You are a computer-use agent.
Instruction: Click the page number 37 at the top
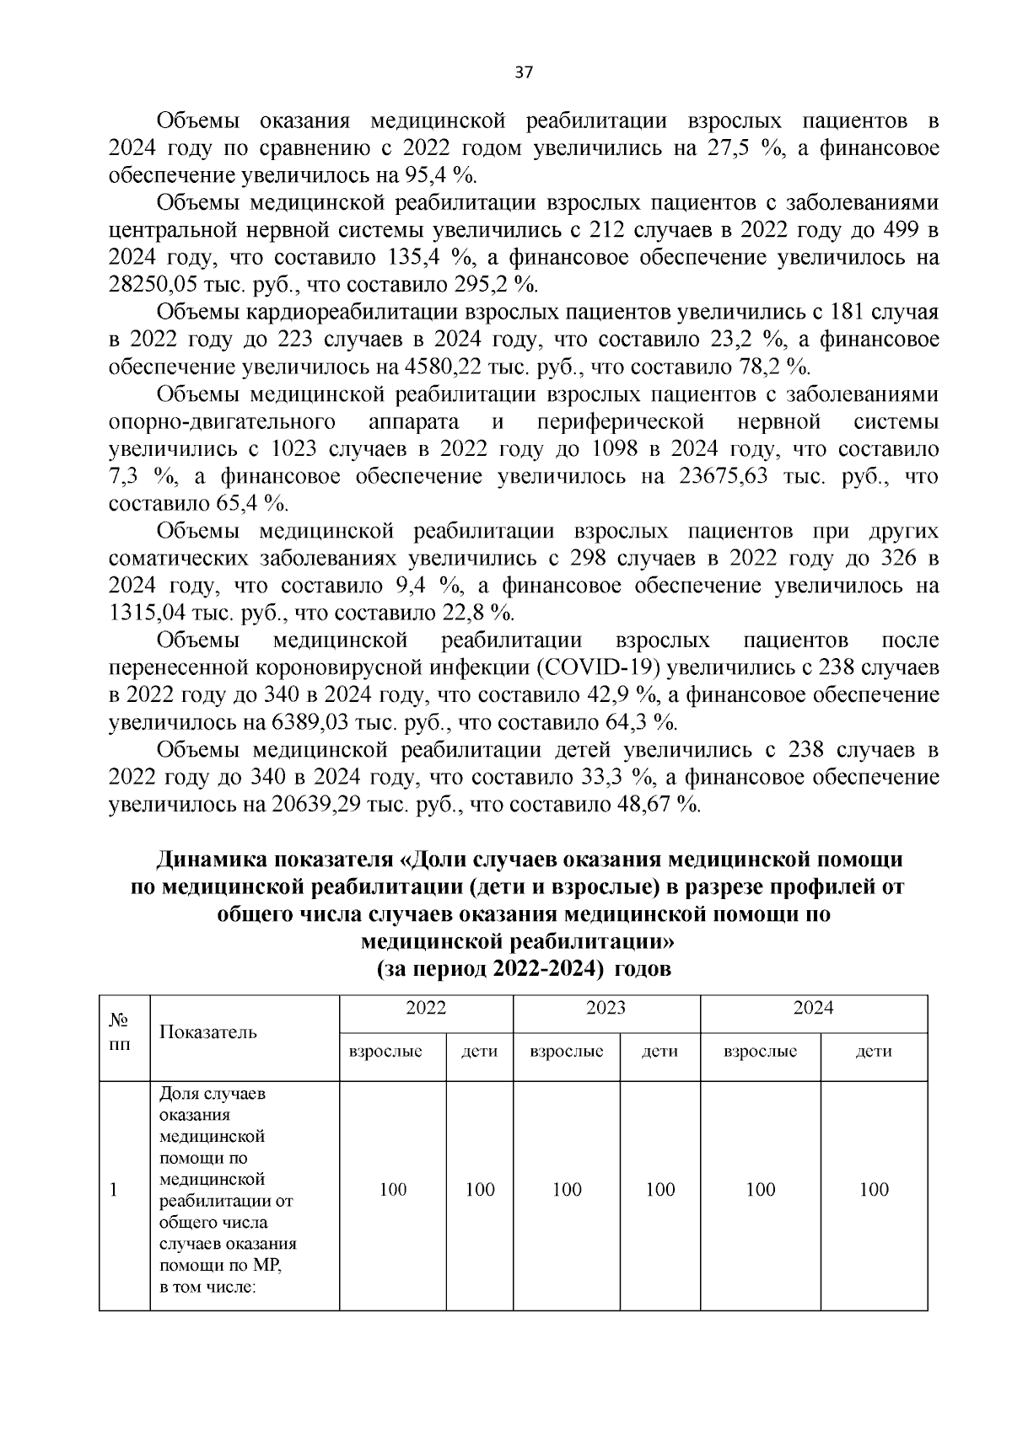pyautogui.click(x=523, y=73)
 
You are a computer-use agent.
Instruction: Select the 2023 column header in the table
pyautogui.click(x=606, y=1008)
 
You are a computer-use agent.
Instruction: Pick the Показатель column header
pyautogui.click(x=208, y=1032)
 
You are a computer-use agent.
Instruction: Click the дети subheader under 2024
pyautogui.click(x=873, y=1052)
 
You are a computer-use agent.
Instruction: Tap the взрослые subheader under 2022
pyautogui.click(x=392, y=1052)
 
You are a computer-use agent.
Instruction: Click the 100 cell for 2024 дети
pyautogui.click(x=873, y=1189)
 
